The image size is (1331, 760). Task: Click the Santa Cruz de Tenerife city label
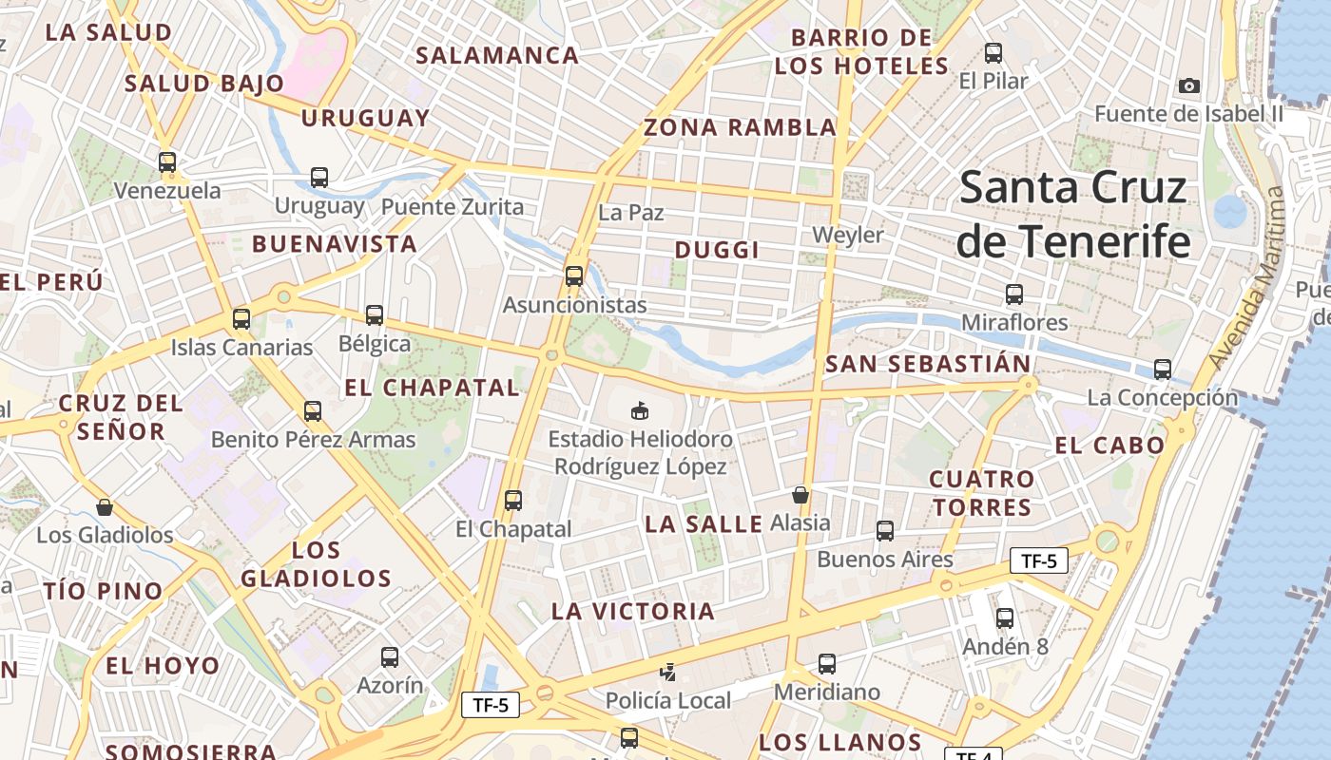pos(1073,215)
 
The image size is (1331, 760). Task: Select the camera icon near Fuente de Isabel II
pos(1188,86)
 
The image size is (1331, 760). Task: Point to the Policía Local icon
pos(668,673)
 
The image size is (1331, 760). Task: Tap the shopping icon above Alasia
pos(801,495)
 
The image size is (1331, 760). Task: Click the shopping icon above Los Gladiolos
pos(105,507)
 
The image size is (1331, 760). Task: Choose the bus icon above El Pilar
pos(993,53)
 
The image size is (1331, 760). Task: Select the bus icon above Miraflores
pos(1014,294)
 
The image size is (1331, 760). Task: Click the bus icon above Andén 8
pos(1005,618)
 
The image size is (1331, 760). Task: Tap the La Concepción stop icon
pos(1162,370)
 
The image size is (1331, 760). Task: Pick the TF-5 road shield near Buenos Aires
pos(1038,560)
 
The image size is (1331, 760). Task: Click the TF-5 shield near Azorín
pos(491,705)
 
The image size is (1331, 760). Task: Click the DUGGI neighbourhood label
pos(717,250)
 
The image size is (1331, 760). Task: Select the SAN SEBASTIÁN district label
pos(928,364)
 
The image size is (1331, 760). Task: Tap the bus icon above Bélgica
pos(375,315)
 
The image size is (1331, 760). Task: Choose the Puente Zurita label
pos(453,206)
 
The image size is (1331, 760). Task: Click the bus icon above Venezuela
pos(167,162)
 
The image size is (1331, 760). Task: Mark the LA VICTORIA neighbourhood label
pos(633,611)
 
